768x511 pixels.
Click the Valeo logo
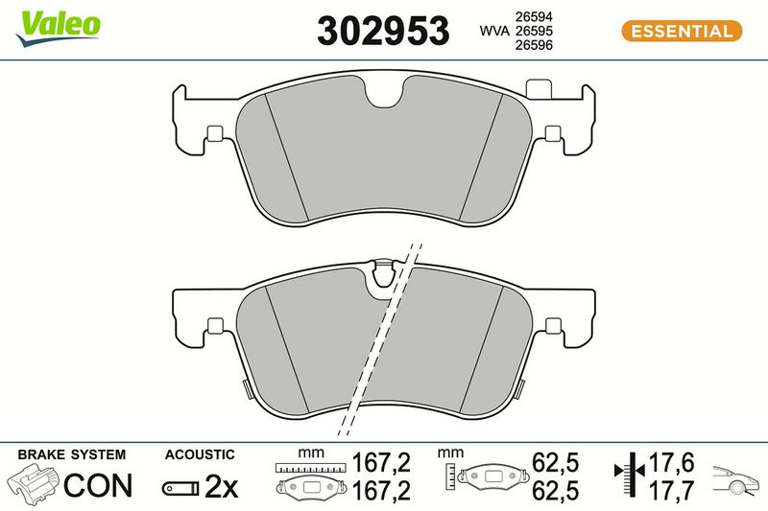[58, 28]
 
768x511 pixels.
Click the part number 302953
[383, 31]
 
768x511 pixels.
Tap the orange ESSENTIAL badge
[682, 32]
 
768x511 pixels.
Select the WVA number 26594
[534, 16]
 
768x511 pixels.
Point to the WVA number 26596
[534, 45]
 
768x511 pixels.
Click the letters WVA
[494, 31]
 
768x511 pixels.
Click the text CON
[98, 485]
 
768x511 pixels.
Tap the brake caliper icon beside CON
[33, 483]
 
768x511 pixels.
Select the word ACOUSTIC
[200, 454]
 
